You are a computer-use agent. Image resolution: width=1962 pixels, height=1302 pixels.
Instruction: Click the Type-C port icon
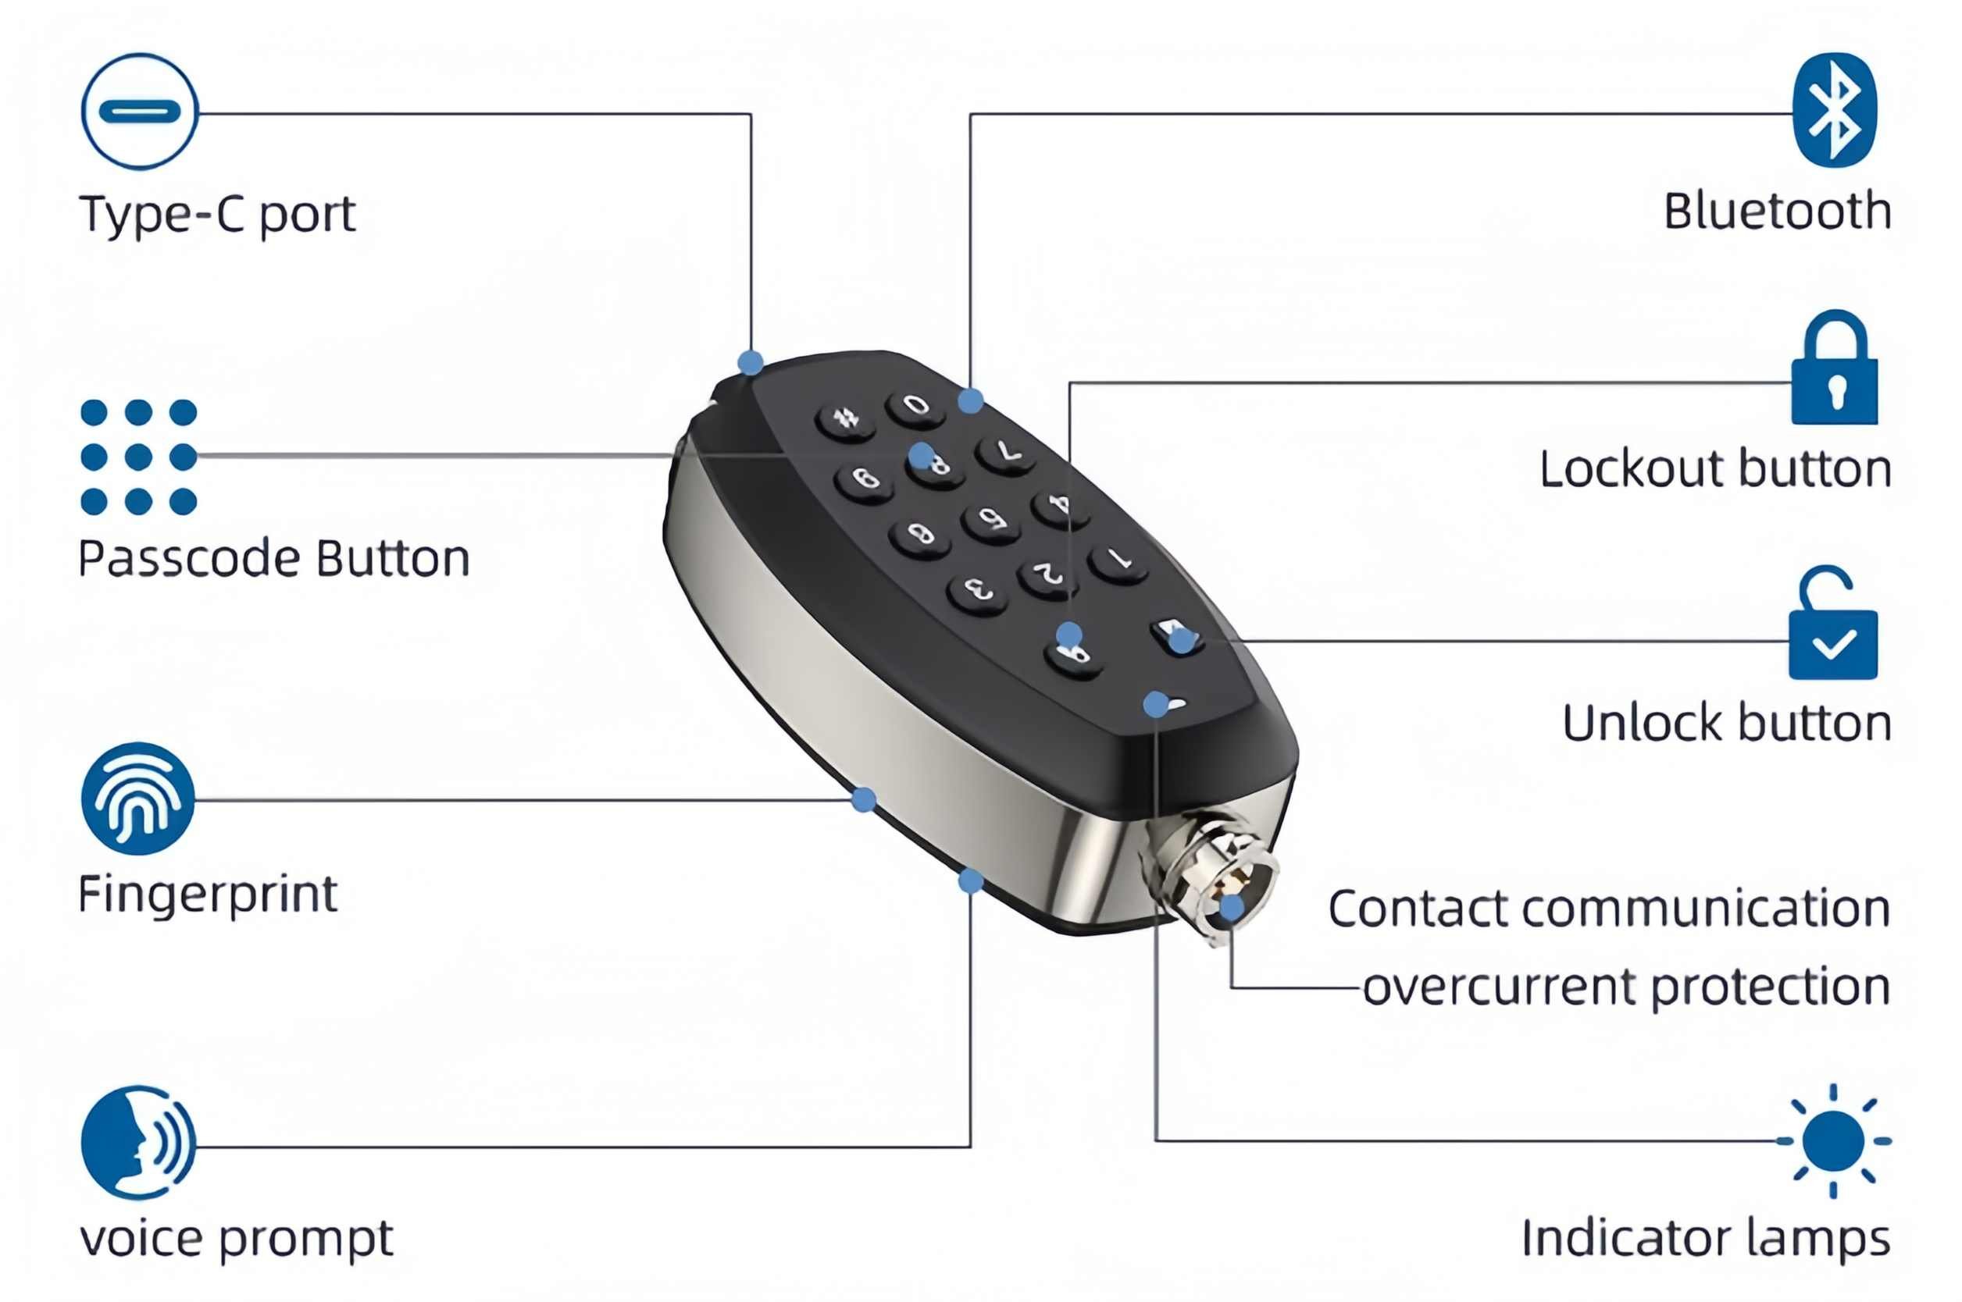coord(140,112)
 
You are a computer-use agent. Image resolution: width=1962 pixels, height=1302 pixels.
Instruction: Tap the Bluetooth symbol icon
coord(1834,109)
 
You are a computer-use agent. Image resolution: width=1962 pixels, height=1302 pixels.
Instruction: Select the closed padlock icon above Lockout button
coord(1834,367)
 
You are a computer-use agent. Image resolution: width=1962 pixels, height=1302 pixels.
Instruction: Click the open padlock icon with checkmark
coord(1832,623)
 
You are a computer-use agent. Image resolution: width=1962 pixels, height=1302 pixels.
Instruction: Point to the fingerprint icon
coord(138,799)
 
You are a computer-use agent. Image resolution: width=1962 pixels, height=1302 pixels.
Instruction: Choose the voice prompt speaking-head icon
coord(139,1143)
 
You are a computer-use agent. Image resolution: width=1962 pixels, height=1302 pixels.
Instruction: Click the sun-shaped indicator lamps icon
coord(1833,1141)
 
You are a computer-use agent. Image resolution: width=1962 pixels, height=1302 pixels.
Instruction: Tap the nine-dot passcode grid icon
coord(139,457)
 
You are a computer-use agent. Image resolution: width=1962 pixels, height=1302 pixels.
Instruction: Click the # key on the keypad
coord(845,419)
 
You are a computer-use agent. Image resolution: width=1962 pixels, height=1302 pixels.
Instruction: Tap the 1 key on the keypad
coord(1118,562)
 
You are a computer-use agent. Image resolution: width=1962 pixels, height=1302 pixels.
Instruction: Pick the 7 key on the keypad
coord(1005,454)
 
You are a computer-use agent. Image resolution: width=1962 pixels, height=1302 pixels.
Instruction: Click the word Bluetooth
coord(1777,211)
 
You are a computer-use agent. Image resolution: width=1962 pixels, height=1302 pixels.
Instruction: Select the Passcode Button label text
coord(274,558)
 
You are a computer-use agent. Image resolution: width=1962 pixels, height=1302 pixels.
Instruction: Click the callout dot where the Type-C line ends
coord(751,363)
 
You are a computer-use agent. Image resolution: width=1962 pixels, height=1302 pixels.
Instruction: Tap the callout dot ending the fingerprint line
coord(864,799)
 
